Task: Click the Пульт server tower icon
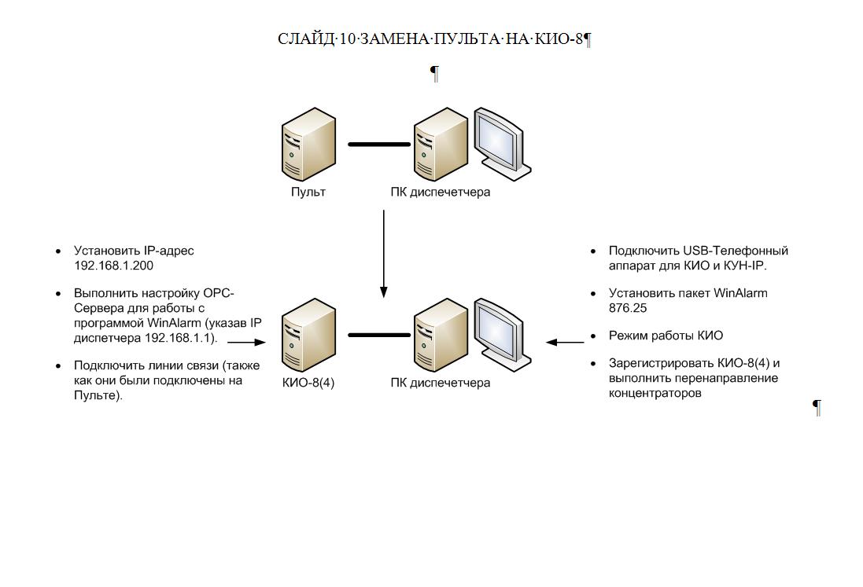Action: point(308,143)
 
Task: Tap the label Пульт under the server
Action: point(308,192)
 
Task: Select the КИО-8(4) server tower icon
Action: point(308,334)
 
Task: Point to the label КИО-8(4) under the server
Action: point(308,383)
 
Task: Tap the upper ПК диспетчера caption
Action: point(440,192)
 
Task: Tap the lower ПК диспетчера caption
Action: point(440,383)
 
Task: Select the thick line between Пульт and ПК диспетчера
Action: point(379,144)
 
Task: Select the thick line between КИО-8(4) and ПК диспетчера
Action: point(379,335)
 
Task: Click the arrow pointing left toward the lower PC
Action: point(565,342)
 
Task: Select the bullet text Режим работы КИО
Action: point(666,336)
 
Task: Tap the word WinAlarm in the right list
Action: point(740,293)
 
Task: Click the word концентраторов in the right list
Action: point(655,393)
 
